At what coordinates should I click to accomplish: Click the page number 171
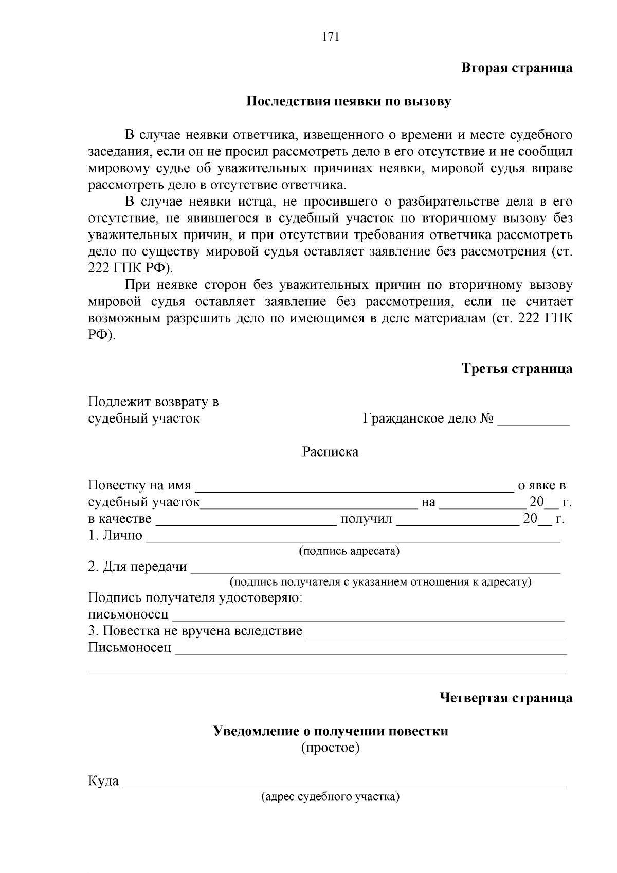[x=330, y=37]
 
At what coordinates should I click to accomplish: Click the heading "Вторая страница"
[x=516, y=68]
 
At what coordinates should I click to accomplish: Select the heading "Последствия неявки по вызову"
[x=349, y=101]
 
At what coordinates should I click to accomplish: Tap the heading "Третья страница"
[x=517, y=369]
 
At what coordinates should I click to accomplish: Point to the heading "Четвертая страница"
[x=506, y=698]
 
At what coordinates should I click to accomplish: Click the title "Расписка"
[x=330, y=452]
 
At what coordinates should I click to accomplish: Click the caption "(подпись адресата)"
[x=349, y=551]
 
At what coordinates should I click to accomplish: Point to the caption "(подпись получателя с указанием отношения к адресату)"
[x=380, y=582]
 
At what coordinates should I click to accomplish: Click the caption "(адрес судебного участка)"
[x=330, y=797]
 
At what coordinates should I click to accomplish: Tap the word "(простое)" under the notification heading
[x=330, y=748]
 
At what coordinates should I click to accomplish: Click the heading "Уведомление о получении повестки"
[x=331, y=731]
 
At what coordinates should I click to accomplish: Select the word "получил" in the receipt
[x=366, y=519]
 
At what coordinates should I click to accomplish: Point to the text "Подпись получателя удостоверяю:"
[x=195, y=598]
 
